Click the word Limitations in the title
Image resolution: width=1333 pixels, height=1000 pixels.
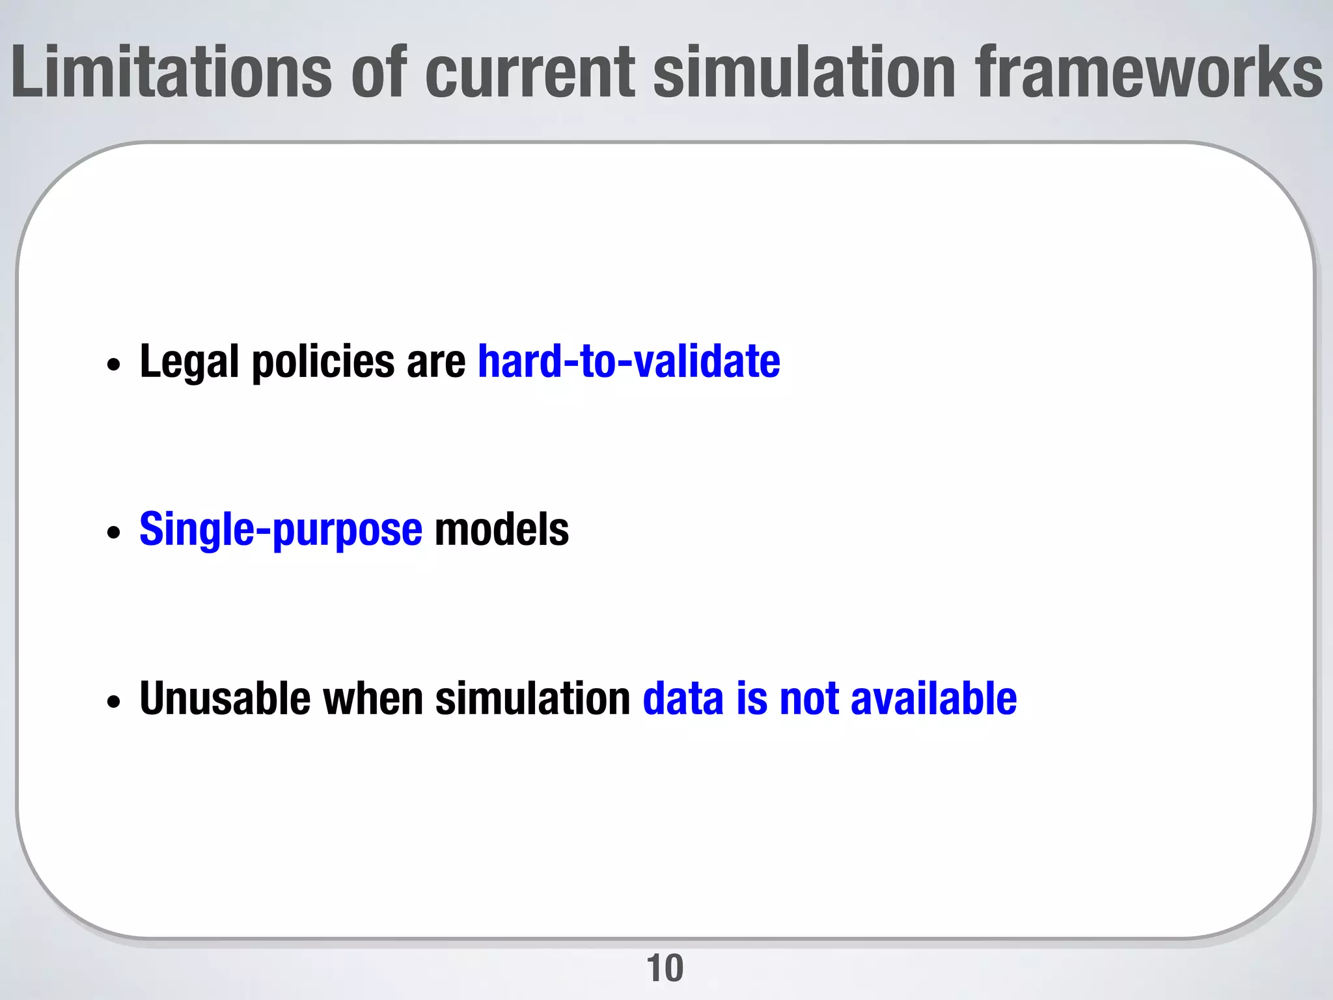[x=171, y=73]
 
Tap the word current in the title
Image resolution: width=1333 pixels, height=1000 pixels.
[x=530, y=73]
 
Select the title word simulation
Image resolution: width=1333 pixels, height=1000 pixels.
[x=804, y=73]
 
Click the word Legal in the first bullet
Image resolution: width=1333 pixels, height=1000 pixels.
[x=189, y=362]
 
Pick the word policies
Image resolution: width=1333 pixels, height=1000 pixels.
[x=323, y=362]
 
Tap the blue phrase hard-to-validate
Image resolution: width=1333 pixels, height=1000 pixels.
[x=629, y=362]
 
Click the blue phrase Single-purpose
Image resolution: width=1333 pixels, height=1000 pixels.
[x=281, y=530]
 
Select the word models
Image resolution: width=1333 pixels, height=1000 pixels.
[x=501, y=530]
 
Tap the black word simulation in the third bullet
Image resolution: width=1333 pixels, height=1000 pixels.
[x=532, y=699]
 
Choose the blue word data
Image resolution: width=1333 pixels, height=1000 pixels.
[x=683, y=699]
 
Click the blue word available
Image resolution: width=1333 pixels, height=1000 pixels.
[x=933, y=699]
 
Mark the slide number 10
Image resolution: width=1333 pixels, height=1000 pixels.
[x=665, y=968]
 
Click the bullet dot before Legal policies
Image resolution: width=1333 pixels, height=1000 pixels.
[x=114, y=365]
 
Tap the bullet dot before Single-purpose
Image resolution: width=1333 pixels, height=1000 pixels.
[x=114, y=533]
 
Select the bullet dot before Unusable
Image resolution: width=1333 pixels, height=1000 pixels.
[x=114, y=702]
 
